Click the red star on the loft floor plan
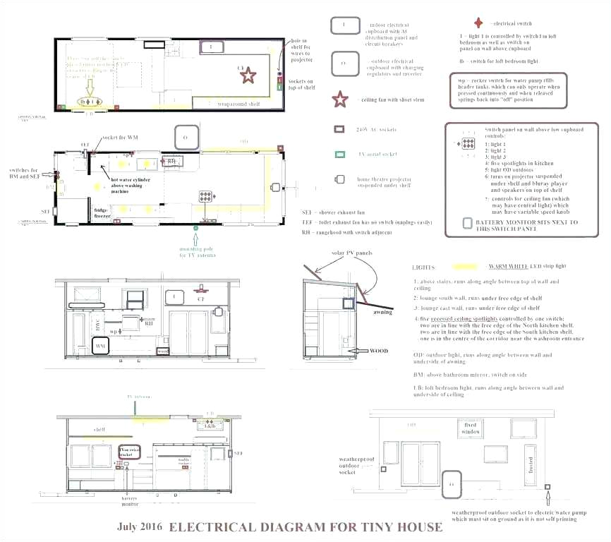pyautogui.click(x=248, y=74)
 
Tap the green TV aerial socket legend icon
pyautogui.click(x=339, y=154)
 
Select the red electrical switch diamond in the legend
pyautogui.click(x=479, y=23)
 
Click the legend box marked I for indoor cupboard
pyautogui.click(x=343, y=25)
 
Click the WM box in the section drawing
pyautogui.click(x=100, y=347)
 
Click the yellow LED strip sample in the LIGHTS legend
pyautogui.click(x=467, y=267)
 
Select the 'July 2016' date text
pyautogui.click(x=140, y=526)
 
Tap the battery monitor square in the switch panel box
pyautogui.click(x=467, y=223)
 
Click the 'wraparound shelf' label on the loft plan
pyautogui.click(x=238, y=104)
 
